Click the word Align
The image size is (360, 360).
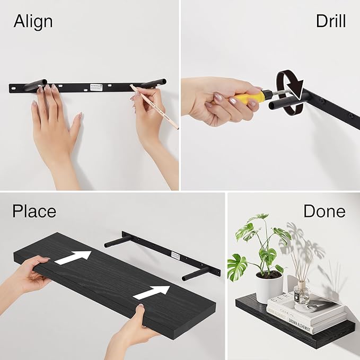[33, 21]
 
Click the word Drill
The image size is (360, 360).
[330, 21]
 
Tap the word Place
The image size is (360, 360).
[34, 211]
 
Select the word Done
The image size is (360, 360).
[324, 211]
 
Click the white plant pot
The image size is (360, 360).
[269, 287]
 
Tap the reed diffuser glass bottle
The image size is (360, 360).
[302, 293]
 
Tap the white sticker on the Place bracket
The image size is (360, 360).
[175, 256]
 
